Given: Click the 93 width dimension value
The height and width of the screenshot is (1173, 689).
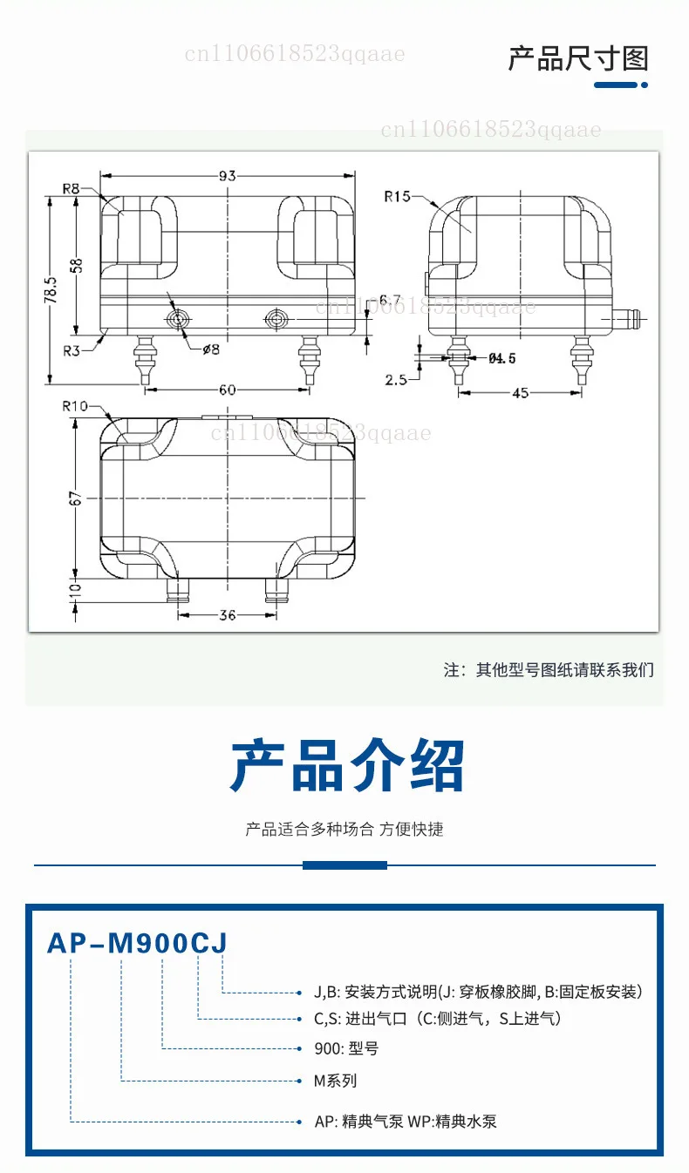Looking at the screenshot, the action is [228, 175].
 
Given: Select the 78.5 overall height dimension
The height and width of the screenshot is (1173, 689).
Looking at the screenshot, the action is [51, 290].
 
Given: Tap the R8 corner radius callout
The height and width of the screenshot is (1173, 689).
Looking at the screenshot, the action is [71, 188].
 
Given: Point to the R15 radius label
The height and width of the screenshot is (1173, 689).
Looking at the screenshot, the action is [397, 196].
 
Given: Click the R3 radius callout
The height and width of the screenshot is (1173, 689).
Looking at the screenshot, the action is [72, 350].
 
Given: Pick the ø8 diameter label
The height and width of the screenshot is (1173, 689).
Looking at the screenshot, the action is [211, 349].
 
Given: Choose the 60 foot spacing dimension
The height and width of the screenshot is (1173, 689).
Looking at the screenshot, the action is [228, 390].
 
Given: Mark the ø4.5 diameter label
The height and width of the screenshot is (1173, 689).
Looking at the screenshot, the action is [502, 358].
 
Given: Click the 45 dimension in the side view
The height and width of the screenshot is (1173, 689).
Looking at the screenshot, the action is [521, 393].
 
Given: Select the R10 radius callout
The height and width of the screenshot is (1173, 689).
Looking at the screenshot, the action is [75, 406].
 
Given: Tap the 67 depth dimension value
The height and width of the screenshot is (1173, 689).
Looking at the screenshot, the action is [76, 498].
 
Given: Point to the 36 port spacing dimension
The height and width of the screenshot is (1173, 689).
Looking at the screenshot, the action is [228, 614].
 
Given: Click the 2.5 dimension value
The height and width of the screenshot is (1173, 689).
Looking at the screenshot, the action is [396, 380].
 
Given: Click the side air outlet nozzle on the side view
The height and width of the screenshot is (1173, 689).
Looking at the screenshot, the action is [627, 319].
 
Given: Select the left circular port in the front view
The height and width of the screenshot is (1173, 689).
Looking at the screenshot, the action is [178, 319].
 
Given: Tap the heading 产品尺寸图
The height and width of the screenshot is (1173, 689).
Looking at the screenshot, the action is [578, 58].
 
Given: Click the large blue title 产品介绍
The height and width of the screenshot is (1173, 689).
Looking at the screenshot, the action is [347, 765].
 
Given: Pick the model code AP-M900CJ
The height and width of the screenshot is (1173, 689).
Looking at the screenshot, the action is [137, 944].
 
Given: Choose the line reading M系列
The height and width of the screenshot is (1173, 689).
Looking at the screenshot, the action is [335, 1081].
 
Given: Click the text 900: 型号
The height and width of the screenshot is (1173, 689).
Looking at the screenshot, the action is [346, 1048].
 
